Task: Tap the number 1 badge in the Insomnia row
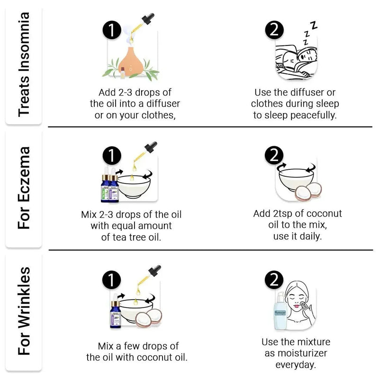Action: pos(112,30)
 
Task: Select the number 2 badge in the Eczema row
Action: pos(274,155)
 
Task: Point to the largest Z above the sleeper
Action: pos(314,25)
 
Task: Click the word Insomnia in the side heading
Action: pos(24,42)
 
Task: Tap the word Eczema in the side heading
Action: pos(24,174)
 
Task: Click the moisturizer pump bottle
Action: pos(280,311)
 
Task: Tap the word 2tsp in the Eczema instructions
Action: pos(282,214)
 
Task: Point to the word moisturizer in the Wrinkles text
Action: pos(302,353)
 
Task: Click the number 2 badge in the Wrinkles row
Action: pos(274,280)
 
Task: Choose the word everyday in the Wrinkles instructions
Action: pos(296,365)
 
